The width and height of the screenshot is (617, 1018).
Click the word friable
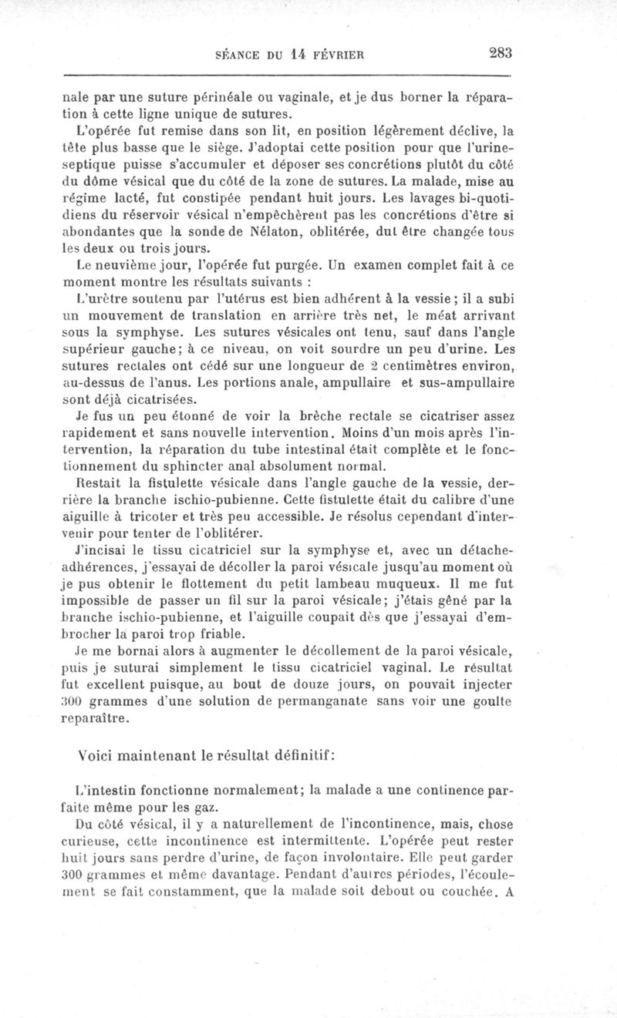(x=223, y=633)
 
